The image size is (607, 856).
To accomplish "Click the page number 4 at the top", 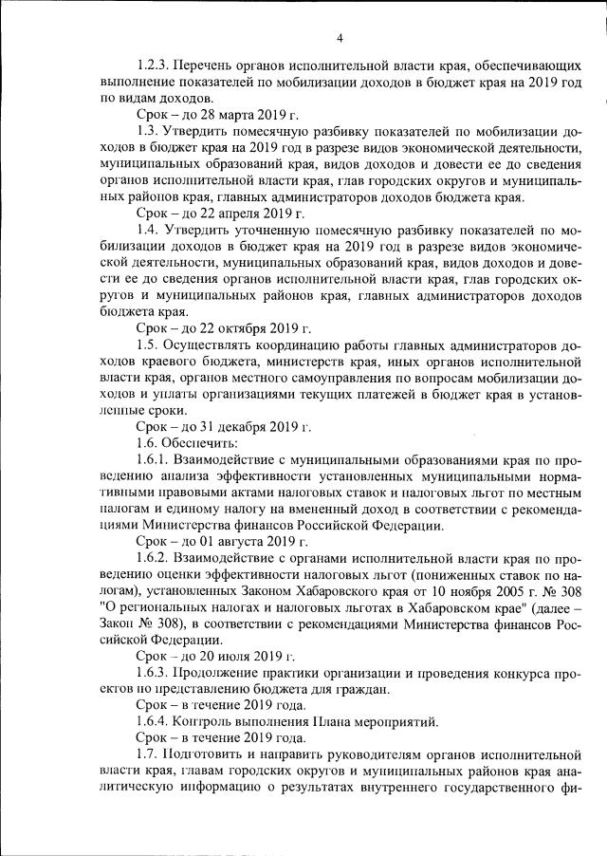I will click(x=339, y=38).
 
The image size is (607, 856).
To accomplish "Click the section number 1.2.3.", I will click(x=156, y=65).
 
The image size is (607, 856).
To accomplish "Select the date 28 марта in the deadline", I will click(x=225, y=111).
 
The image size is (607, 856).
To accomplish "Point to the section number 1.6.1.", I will click(x=156, y=460).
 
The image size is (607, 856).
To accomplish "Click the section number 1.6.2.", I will click(x=156, y=559).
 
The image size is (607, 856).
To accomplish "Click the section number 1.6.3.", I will click(x=156, y=673).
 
